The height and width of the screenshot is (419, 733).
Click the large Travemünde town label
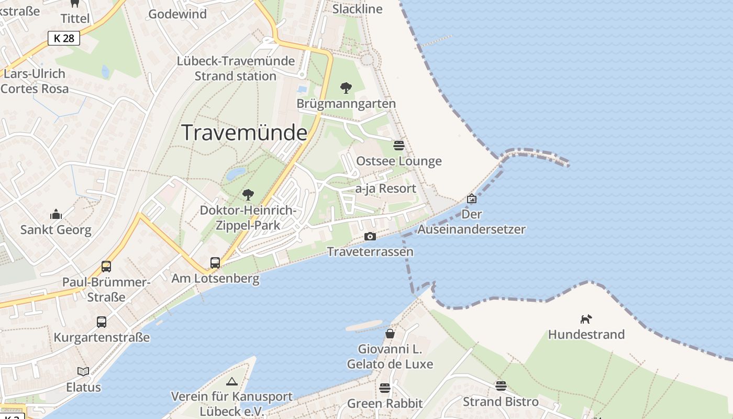pyautogui.click(x=244, y=133)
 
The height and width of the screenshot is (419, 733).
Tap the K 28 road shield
pyautogui.click(x=64, y=38)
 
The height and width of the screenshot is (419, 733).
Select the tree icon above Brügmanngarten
pyautogui.click(x=346, y=87)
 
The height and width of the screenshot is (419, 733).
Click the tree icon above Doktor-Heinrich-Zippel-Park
pyautogui.click(x=248, y=195)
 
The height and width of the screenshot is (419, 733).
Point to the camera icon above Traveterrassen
pyautogui.click(x=370, y=237)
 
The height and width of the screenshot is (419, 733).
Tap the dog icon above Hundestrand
pyautogui.click(x=586, y=318)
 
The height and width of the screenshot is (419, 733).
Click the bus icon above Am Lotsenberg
pyautogui.click(x=215, y=263)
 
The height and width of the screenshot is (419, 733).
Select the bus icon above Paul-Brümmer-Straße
pyautogui.click(x=106, y=267)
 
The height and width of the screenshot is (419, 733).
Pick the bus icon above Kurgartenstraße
pyautogui.click(x=102, y=322)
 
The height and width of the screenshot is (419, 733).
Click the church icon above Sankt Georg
pyautogui.click(x=56, y=214)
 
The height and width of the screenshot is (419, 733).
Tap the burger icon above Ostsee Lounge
pyautogui.click(x=399, y=146)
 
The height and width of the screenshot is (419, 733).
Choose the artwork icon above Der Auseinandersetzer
pyautogui.click(x=472, y=199)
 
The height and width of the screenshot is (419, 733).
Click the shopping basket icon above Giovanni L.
pyautogui.click(x=390, y=334)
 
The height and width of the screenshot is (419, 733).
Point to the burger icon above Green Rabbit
pyautogui.click(x=385, y=388)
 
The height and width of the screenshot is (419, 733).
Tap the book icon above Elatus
pyautogui.click(x=83, y=371)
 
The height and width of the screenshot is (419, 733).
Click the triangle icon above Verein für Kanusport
pyautogui.click(x=232, y=381)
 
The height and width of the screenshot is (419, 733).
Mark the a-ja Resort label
pyautogui.click(x=386, y=189)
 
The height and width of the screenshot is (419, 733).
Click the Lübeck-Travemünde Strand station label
pyautogui.click(x=236, y=68)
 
